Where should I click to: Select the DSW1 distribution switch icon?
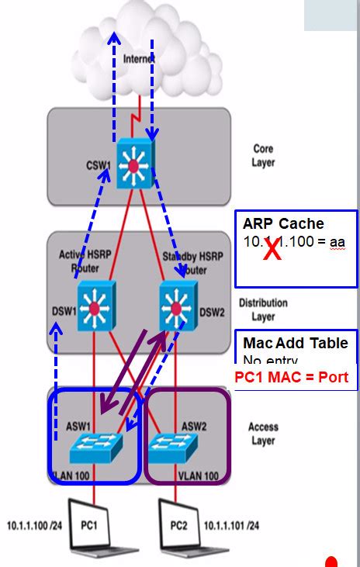click(96, 307)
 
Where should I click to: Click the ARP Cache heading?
click(284, 224)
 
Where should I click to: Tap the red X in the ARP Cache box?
click(272, 250)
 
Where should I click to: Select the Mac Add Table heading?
click(296, 343)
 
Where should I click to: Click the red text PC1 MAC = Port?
click(291, 378)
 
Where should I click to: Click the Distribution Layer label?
click(263, 309)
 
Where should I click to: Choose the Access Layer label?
click(263, 433)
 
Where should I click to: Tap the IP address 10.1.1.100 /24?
click(37, 524)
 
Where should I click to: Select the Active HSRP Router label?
click(85, 260)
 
